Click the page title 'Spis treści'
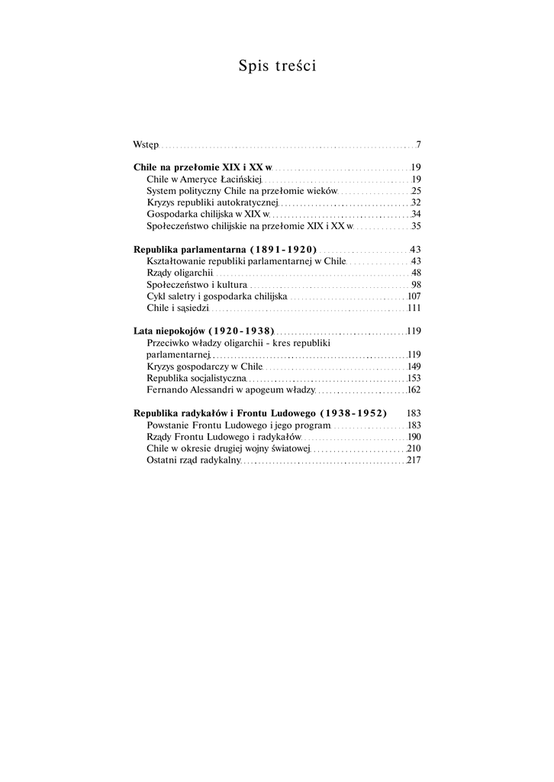tap(277, 66)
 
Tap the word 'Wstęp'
tap(146, 144)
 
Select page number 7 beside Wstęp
tap(419, 144)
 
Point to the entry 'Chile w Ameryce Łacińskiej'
tap(205, 179)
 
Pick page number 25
tap(417, 191)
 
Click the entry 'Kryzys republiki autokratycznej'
tap(213, 202)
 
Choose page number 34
tap(417, 215)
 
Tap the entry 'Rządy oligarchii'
tap(180, 273)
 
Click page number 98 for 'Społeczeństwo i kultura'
tap(417, 285)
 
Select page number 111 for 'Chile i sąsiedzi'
tap(415, 308)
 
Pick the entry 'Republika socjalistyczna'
tap(196, 378)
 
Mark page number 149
tap(415, 367)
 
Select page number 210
tap(414, 448)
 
